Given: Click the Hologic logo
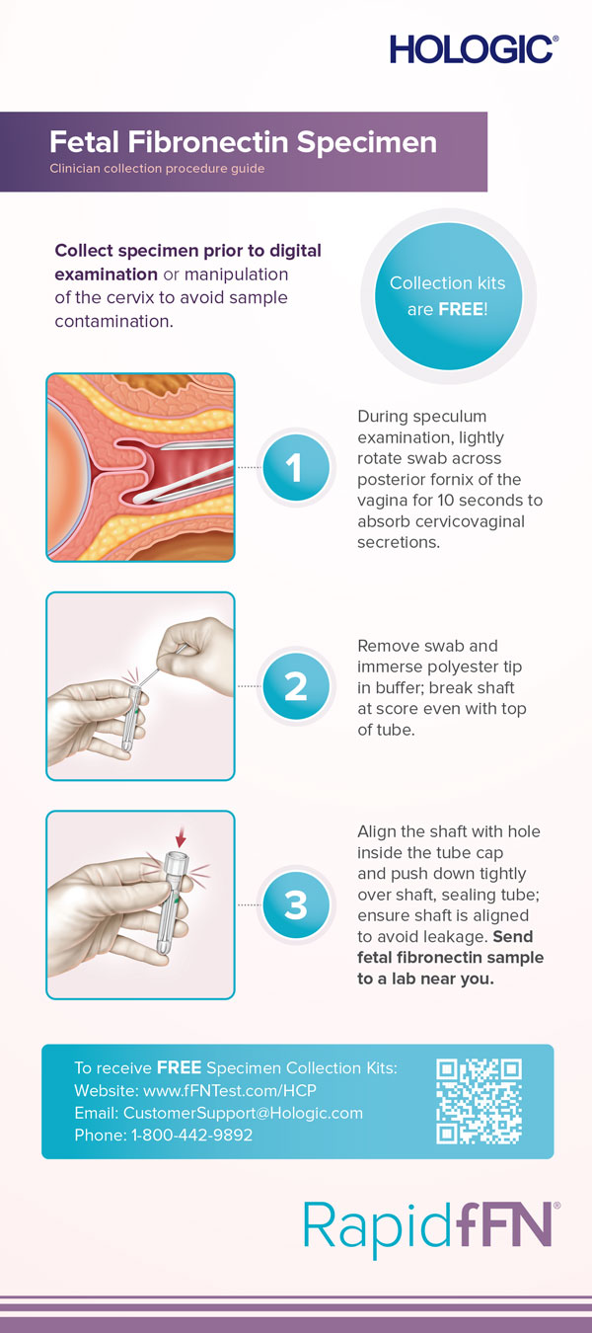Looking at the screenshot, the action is pos(474,48).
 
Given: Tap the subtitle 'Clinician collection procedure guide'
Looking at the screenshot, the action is pos(157,169).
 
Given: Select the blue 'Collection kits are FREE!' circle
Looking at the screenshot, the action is pos(448,296).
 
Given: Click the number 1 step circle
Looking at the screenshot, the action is pos(295,467).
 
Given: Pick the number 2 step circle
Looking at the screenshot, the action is pos(295,685).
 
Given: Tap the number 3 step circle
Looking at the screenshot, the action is pos(295,904).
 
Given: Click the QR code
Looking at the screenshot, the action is pos(479,1101).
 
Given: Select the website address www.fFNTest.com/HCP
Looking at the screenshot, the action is pos(230,1090).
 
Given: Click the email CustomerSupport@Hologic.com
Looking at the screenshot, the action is pos(243,1113).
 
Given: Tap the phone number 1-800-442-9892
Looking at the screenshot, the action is pos(192,1135).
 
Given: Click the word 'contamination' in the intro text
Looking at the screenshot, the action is pos(114,321).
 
